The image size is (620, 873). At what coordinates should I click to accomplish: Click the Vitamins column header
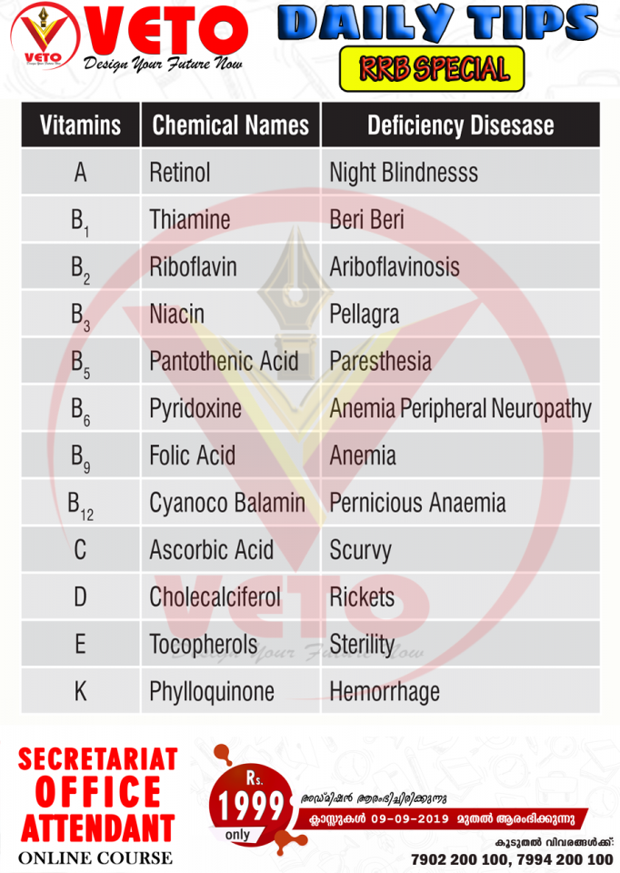point(80,125)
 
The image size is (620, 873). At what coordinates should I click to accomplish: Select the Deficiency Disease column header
point(460,125)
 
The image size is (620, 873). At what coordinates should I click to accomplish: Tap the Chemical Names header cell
point(230,125)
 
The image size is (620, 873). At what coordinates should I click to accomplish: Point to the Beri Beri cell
point(367,220)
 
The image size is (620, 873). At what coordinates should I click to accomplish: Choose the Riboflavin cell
point(194,267)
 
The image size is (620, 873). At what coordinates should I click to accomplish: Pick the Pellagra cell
point(365,315)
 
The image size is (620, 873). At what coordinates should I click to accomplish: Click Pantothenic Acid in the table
point(224,361)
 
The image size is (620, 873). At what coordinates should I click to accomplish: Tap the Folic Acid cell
point(193,456)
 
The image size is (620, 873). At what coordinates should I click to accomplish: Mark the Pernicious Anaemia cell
point(417,503)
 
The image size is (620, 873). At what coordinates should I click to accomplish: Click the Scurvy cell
point(360,550)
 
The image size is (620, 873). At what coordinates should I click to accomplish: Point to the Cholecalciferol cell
point(215,597)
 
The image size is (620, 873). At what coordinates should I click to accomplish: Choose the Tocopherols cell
point(204,645)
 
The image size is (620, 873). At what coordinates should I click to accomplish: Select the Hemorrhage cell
point(385,692)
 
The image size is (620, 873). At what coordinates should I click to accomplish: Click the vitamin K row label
point(80,692)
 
